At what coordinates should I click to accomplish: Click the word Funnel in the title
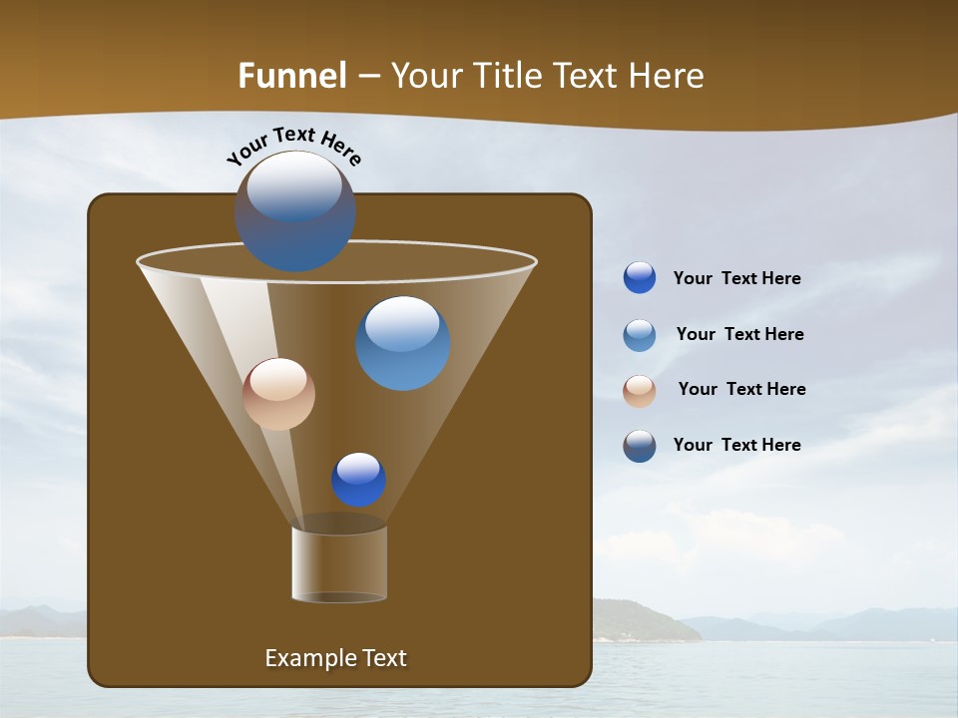[291, 76]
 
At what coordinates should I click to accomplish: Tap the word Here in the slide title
[663, 76]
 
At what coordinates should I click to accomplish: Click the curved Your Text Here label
[293, 145]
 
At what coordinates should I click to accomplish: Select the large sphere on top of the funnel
[294, 210]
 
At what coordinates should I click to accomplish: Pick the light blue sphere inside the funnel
[402, 343]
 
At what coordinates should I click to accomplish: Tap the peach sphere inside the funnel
[278, 394]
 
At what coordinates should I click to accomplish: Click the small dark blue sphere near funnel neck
[358, 480]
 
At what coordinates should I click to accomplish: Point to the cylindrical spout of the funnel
[339, 564]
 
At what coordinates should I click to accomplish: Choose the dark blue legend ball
[640, 278]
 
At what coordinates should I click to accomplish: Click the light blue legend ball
[640, 335]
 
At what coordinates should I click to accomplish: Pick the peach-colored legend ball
[640, 391]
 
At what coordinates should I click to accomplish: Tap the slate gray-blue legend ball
[640, 446]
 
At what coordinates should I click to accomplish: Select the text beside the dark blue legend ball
[736, 279]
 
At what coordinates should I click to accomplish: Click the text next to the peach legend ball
[741, 390]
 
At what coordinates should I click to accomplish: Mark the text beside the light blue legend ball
[739, 335]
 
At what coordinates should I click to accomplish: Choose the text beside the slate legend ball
[736, 446]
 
